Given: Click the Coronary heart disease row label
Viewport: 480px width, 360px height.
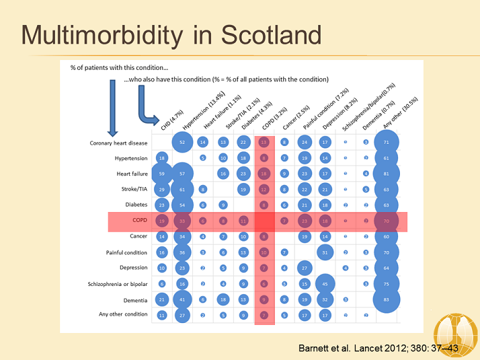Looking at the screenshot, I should [x=118, y=143].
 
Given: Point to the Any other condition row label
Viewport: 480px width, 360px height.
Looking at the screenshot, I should [x=122, y=314].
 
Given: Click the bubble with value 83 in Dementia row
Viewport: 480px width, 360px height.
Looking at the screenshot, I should [x=386, y=299].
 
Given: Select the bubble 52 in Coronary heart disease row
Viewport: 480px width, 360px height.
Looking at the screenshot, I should [x=182, y=143].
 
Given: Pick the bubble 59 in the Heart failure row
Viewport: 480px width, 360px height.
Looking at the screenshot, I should [x=161, y=174].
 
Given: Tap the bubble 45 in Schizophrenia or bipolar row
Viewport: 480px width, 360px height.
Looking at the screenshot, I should [x=325, y=284].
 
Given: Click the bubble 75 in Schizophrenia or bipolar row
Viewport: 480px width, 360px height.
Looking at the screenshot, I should [x=386, y=284].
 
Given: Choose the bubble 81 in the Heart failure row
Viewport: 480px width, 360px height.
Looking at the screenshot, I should [x=386, y=174].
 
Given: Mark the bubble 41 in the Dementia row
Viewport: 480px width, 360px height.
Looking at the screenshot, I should [x=182, y=299].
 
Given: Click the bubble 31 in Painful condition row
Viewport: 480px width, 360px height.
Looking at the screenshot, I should [x=325, y=252].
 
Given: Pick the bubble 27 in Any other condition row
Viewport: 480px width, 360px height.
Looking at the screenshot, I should [x=182, y=314].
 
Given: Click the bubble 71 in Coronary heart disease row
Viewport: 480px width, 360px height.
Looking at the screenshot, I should [x=386, y=143].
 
